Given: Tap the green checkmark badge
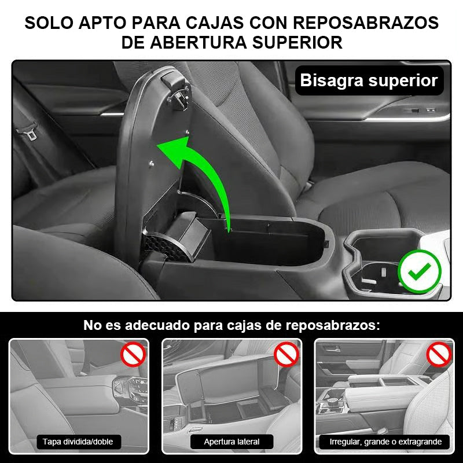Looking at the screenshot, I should pyautogui.click(x=420, y=271).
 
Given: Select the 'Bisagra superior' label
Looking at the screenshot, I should pyautogui.click(x=369, y=80).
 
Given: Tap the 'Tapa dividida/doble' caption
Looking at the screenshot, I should pyautogui.click(x=78, y=442).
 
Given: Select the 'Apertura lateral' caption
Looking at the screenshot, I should pyautogui.click(x=231, y=442).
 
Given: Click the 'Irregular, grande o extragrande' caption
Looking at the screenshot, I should pyautogui.click(x=385, y=442).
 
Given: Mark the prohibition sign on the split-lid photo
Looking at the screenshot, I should pyautogui.click(x=133, y=355).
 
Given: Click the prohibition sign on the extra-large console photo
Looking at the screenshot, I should pyautogui.click(x=439, y=354).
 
